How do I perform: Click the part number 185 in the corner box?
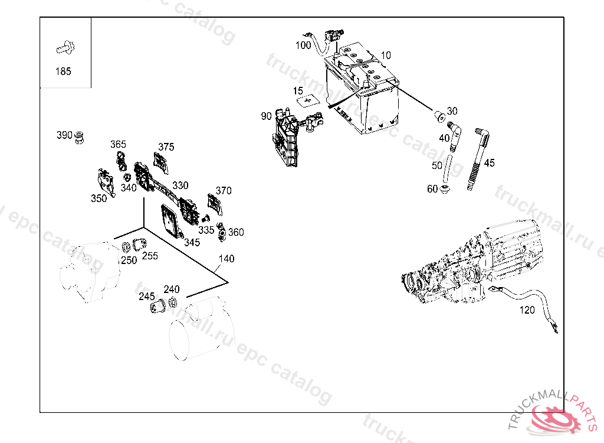(63, 71)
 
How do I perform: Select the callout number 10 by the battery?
(385, 56)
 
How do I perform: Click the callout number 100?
(303, 45)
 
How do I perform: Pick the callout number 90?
(267, 116)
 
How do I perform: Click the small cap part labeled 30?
(439, 115)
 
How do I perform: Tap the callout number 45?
(489, 163)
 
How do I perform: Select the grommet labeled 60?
(447, 190)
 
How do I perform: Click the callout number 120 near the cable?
(527, 310)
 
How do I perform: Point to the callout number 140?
(226, 259)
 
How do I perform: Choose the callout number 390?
(64, 135)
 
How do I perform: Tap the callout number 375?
(166, 147)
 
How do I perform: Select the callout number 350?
(99, 198)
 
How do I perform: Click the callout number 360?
(236, 232)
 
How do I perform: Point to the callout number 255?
(150, 256)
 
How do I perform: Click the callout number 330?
(180, 185)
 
